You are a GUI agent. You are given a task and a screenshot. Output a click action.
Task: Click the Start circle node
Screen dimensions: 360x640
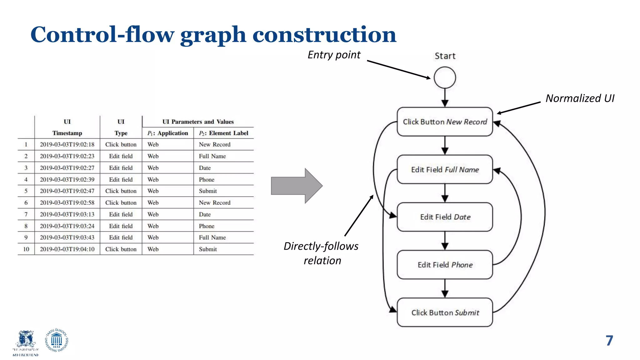click(445, 77)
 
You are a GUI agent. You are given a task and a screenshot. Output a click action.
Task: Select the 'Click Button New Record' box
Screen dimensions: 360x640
click(445, 122)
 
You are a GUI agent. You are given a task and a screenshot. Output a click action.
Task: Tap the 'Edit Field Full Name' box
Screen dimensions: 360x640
click(445, 169)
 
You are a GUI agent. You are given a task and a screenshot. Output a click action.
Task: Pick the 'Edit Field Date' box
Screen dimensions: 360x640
click(445, 217)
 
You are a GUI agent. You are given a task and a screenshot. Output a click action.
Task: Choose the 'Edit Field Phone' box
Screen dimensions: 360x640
click(445, 265)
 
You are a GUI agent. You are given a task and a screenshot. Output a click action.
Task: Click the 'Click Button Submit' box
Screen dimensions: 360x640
click(445, 312)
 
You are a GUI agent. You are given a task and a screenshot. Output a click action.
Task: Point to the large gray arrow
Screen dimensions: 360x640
click(296, 186)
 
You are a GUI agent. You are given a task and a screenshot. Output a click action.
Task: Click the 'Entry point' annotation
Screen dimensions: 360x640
click(334, 55)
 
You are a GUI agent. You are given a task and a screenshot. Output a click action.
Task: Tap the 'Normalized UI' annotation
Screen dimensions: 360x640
click(580, 98)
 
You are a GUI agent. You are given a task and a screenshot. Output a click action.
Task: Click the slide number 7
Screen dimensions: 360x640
click(609, 341)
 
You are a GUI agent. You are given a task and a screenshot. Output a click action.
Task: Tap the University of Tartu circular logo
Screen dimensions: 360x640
click(57, 340)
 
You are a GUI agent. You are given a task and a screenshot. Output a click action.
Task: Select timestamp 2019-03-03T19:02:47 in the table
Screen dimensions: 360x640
click(67, 191)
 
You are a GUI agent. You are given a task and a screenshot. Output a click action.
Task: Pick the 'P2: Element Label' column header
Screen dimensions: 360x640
click(223, 133)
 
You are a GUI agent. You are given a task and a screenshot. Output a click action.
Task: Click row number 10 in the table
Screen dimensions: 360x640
click(26, 249)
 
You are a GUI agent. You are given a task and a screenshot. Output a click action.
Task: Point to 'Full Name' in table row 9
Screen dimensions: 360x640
click(212, 237)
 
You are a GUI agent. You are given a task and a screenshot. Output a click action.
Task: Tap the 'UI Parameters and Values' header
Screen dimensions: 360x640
click(198, 122)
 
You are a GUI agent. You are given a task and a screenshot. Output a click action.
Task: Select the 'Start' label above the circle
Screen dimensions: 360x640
click(445, 56)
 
